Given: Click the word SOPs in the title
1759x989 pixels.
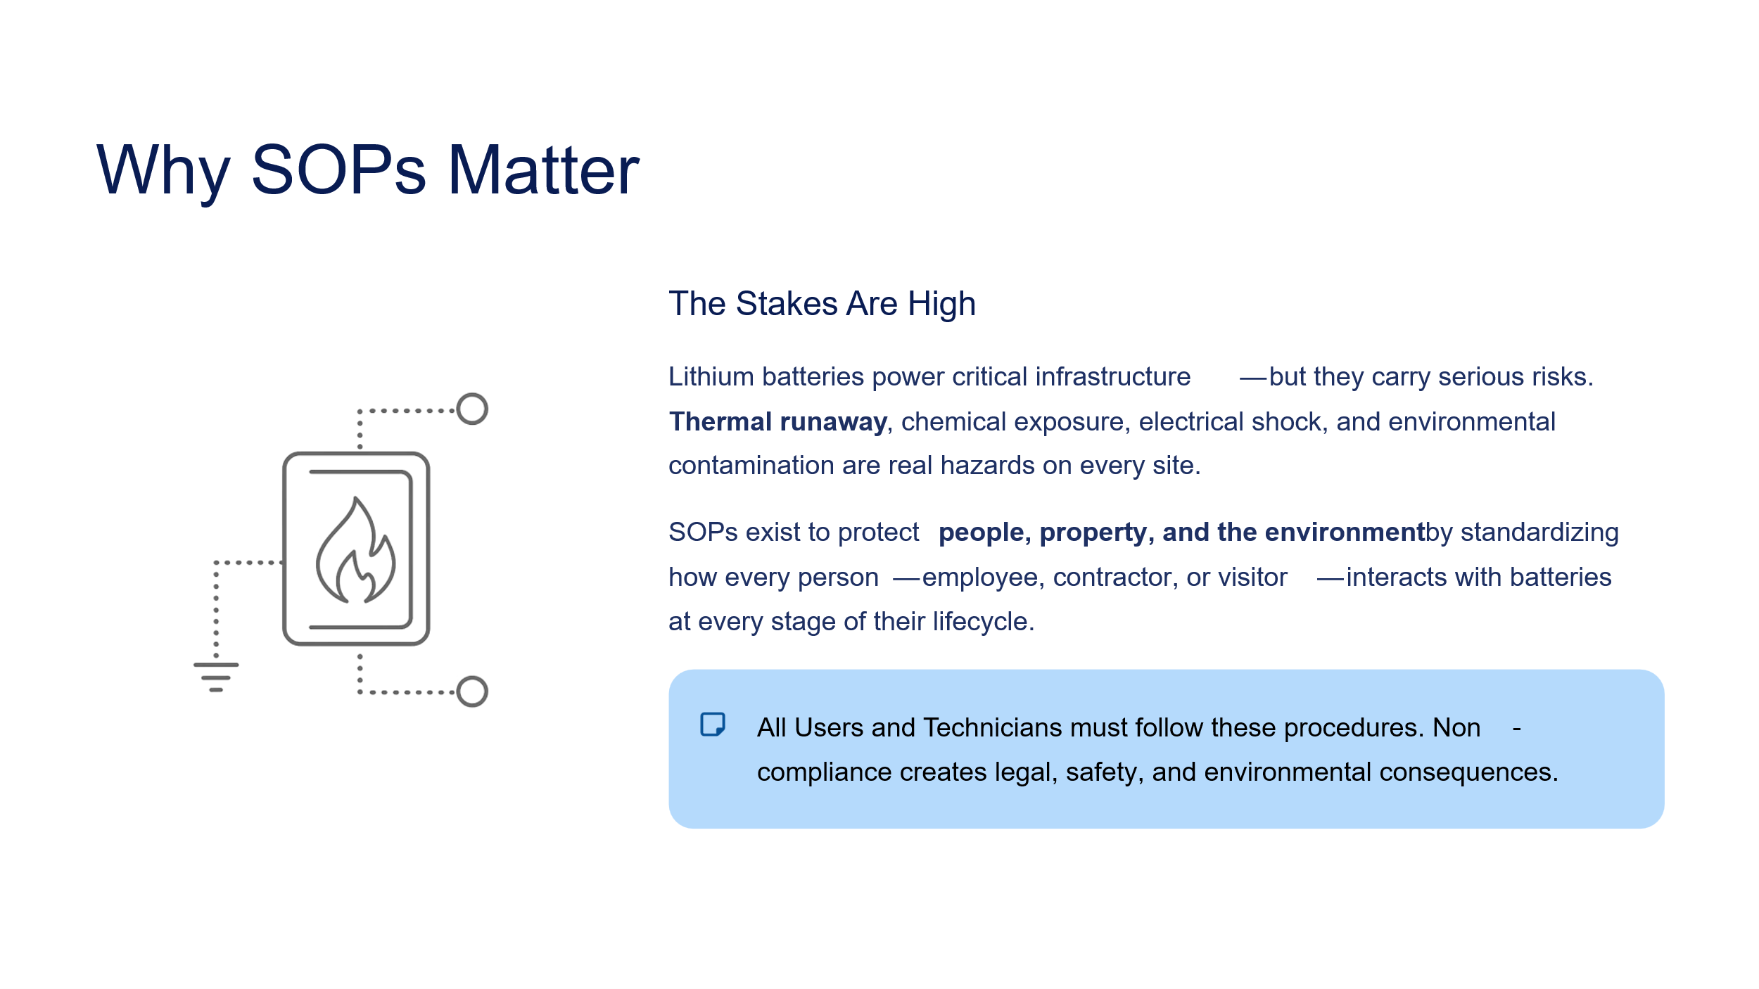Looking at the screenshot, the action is [338, 170].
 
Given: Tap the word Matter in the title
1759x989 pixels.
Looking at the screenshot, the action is [543, 170].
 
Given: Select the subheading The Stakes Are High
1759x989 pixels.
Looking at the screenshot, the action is [822, 304].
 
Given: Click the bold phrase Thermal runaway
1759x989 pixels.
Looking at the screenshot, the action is [777, 421].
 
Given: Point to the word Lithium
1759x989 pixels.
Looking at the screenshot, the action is [711, 376].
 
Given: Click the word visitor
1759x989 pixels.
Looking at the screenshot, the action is [1252, 577].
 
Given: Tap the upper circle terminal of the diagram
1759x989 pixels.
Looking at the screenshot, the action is [472, 409].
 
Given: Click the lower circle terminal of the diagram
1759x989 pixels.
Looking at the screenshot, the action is [472, 691].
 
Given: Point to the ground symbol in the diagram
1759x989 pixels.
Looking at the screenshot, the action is [216, 677].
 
